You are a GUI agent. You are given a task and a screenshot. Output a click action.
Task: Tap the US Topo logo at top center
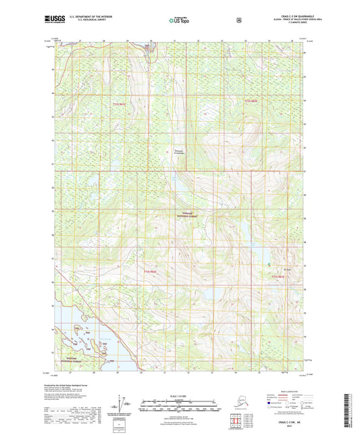point(179,21)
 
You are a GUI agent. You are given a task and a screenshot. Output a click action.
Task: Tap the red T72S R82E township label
point(251,101)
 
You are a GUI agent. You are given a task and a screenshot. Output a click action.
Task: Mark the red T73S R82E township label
point(280,277)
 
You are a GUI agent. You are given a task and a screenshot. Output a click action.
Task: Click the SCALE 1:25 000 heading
point(179,394)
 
